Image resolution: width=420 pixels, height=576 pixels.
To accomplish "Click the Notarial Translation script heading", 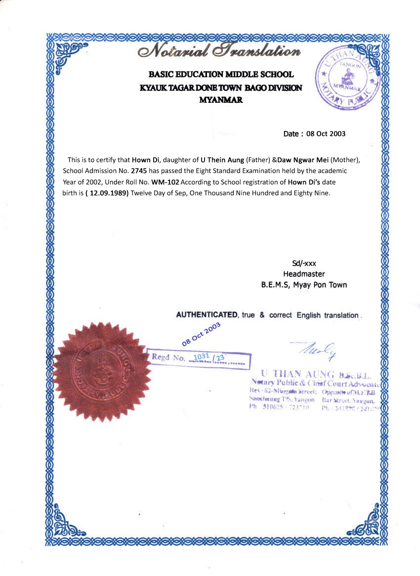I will tap(220, 51).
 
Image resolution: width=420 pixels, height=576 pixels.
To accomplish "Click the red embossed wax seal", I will tap(102, 372).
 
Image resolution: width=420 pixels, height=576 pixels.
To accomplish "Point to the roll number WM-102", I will tap(165, 181).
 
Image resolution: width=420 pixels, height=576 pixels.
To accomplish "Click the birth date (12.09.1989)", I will tap(107, 192).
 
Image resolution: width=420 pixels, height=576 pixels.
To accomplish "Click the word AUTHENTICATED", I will tap(207, 315).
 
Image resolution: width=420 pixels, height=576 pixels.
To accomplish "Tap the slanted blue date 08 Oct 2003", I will tap(201, 334).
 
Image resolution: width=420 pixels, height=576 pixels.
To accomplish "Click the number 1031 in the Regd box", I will tap(201, 356).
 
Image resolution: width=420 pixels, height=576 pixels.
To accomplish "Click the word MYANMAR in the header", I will tap(220, 99).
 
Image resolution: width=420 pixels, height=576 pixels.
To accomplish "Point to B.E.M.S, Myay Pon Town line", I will tap(304, 285).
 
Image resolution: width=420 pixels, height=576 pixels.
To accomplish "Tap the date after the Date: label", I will tap(326, 133).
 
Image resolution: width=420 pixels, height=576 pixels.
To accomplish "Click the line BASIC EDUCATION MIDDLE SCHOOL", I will tap(221, 75).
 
